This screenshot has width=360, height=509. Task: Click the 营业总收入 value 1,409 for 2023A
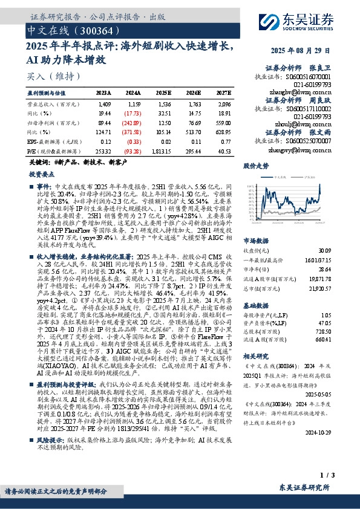(105, 104)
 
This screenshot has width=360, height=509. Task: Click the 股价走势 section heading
(255, 165)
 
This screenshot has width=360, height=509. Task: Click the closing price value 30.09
(325, 250)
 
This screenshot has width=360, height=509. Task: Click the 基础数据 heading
(255, 305)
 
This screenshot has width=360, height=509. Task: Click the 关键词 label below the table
(39, 164)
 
